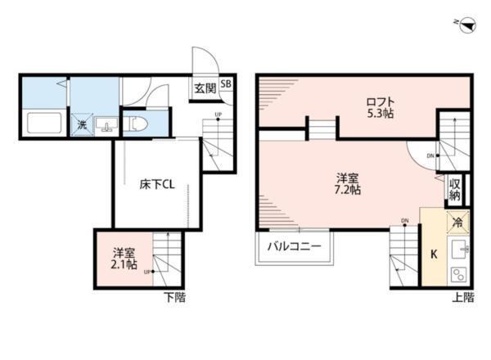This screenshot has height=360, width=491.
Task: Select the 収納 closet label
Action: (x=455, y=190)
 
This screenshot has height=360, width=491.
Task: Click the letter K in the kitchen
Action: (x=434, y=254)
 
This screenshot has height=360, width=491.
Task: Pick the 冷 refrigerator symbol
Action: (x=457, y=222)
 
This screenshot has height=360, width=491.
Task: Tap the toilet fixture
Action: (x=138, y=124)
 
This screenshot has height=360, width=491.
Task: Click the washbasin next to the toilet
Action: (x=106, y=125)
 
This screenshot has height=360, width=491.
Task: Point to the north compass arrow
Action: (x=463, y=27)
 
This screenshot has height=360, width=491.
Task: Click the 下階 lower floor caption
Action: (x=173, y=297)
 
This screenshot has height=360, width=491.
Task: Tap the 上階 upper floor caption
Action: (x=462, y=297)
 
